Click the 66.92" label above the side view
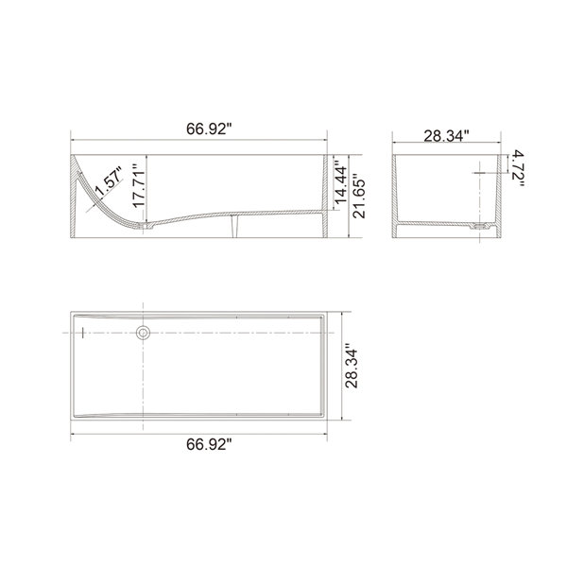[x=209, y=129]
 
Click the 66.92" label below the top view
[x=209, y=444]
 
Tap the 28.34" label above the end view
[x=446, y=136]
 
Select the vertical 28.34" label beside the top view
[x=352, y=366]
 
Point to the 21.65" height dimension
[x=359, y=198]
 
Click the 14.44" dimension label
[x=340, y=181]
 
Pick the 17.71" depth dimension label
[x=139, y=186]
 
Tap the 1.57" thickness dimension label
[x=109, y=180]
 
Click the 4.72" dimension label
[x=518, y=168]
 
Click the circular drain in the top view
[x=144, y=333]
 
